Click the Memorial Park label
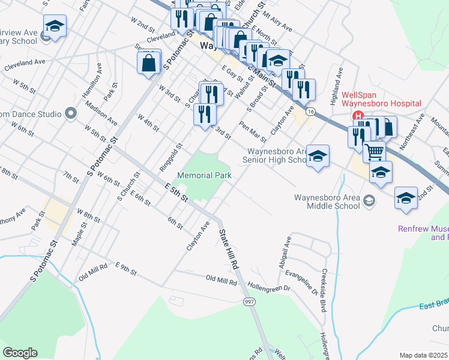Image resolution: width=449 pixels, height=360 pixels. click(205, 176)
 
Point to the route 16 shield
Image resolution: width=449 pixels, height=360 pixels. click(310, 112)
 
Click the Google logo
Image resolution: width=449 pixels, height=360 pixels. click(20, 353)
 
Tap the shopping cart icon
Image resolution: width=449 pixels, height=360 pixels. click(374, 152)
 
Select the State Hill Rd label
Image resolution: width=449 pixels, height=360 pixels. click(229, 249)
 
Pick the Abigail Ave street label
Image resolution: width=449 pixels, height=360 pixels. click(289, 250)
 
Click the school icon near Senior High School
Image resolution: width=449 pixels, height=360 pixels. click(318, 157)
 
